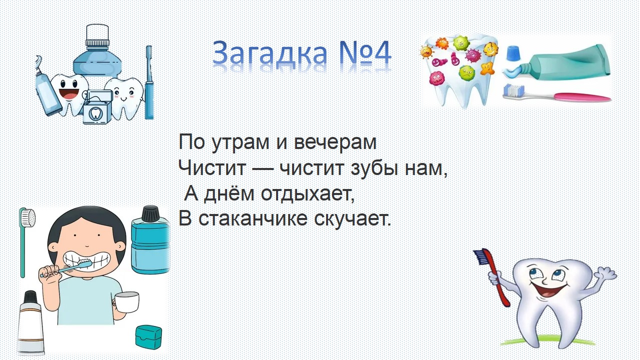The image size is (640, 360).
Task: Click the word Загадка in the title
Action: pos(269,53)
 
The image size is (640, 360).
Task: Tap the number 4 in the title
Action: pos(380,53)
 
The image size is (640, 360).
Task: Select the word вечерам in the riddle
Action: pos(335,142)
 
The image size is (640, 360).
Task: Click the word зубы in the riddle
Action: pos(373,168)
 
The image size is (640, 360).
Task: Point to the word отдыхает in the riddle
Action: pos(307,193)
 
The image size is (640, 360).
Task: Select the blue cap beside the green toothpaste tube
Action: pos(513,53)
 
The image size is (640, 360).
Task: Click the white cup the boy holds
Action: pos(126,302)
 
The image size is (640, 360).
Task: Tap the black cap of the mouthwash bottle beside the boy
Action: pos(150,213)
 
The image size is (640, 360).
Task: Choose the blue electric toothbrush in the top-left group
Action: pos(149,82)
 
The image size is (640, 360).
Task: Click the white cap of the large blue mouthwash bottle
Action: pos(97,35)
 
